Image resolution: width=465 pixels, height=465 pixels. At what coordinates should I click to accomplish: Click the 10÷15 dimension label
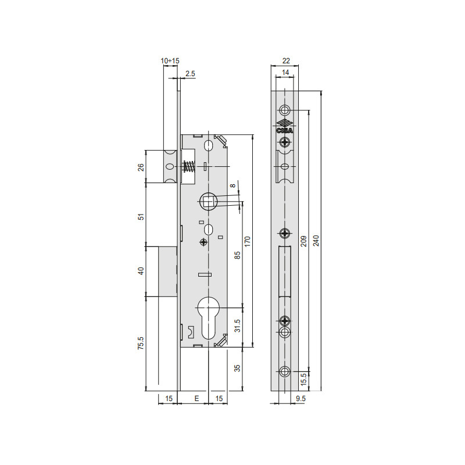coord(170,61)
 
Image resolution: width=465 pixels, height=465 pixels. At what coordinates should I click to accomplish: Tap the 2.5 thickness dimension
coord(190,74)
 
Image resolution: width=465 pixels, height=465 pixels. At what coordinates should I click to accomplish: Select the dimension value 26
coord(141,167)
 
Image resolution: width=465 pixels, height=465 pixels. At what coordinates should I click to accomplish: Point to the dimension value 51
coord(141,216)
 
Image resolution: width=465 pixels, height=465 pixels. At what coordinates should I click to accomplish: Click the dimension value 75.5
coord(141,343)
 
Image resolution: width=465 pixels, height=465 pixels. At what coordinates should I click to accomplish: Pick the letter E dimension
coord(196,398)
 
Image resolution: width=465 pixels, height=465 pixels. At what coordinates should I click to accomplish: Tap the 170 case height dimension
coord(248,242)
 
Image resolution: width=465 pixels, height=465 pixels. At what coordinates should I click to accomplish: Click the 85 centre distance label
coord(237,255)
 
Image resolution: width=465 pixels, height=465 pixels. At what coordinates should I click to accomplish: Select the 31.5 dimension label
coord(237,325)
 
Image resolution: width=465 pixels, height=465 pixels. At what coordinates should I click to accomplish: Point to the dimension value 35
coord(237,368)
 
